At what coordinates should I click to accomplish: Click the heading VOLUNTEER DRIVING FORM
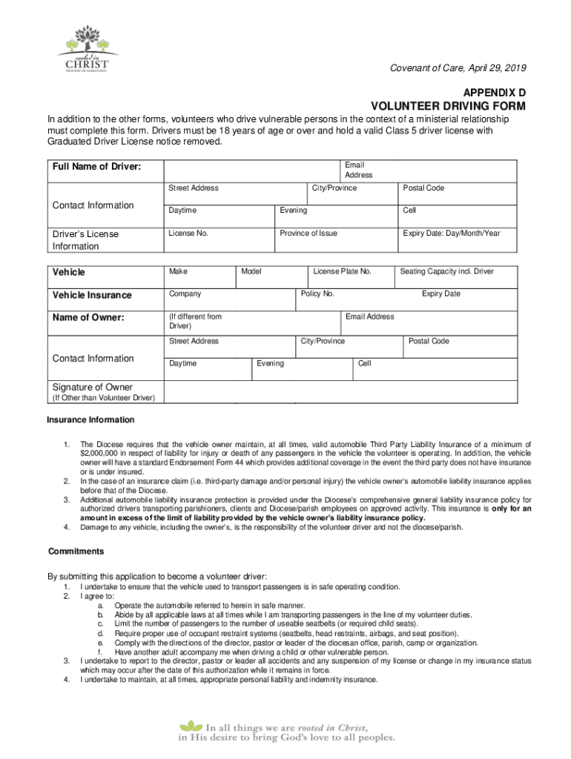pos(448,106)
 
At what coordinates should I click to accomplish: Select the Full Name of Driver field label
pos(96,167)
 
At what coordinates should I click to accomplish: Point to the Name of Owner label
pos(88,318)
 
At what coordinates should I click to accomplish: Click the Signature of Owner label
pos(92,387)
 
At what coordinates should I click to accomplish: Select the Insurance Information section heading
pos(90,420)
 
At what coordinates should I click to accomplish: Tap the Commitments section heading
pos(76,551)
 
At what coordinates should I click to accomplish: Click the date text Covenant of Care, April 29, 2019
pos(458,68)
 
